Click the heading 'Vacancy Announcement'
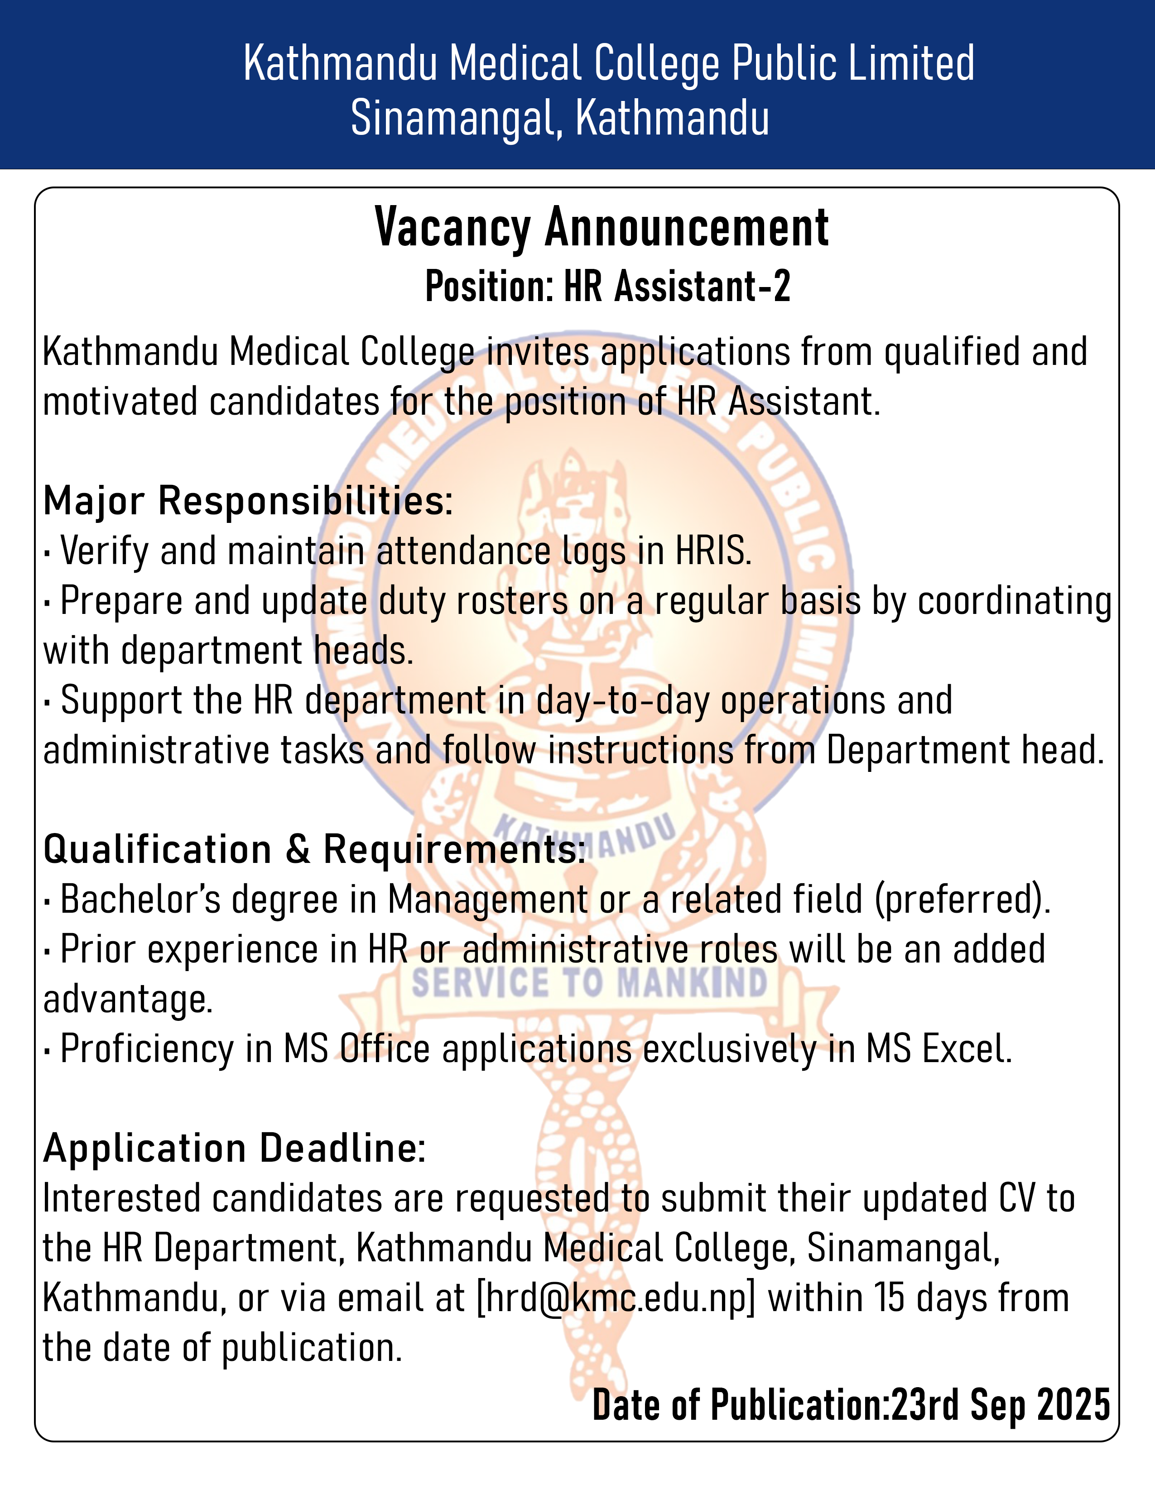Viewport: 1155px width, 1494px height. click(x=602, y=228)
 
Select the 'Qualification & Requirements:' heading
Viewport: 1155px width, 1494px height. click(x=314, y=850)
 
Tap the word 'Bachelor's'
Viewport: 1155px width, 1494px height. click(x=141, y=900)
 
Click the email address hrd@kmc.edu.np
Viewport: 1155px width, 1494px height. click(x=616, y=1298)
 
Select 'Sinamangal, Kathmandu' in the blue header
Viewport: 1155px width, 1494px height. click(x=560, y=118)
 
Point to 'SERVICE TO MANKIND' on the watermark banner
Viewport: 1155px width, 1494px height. click(x=589, y=983)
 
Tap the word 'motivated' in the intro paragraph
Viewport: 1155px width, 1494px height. click(x=119, y=402)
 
